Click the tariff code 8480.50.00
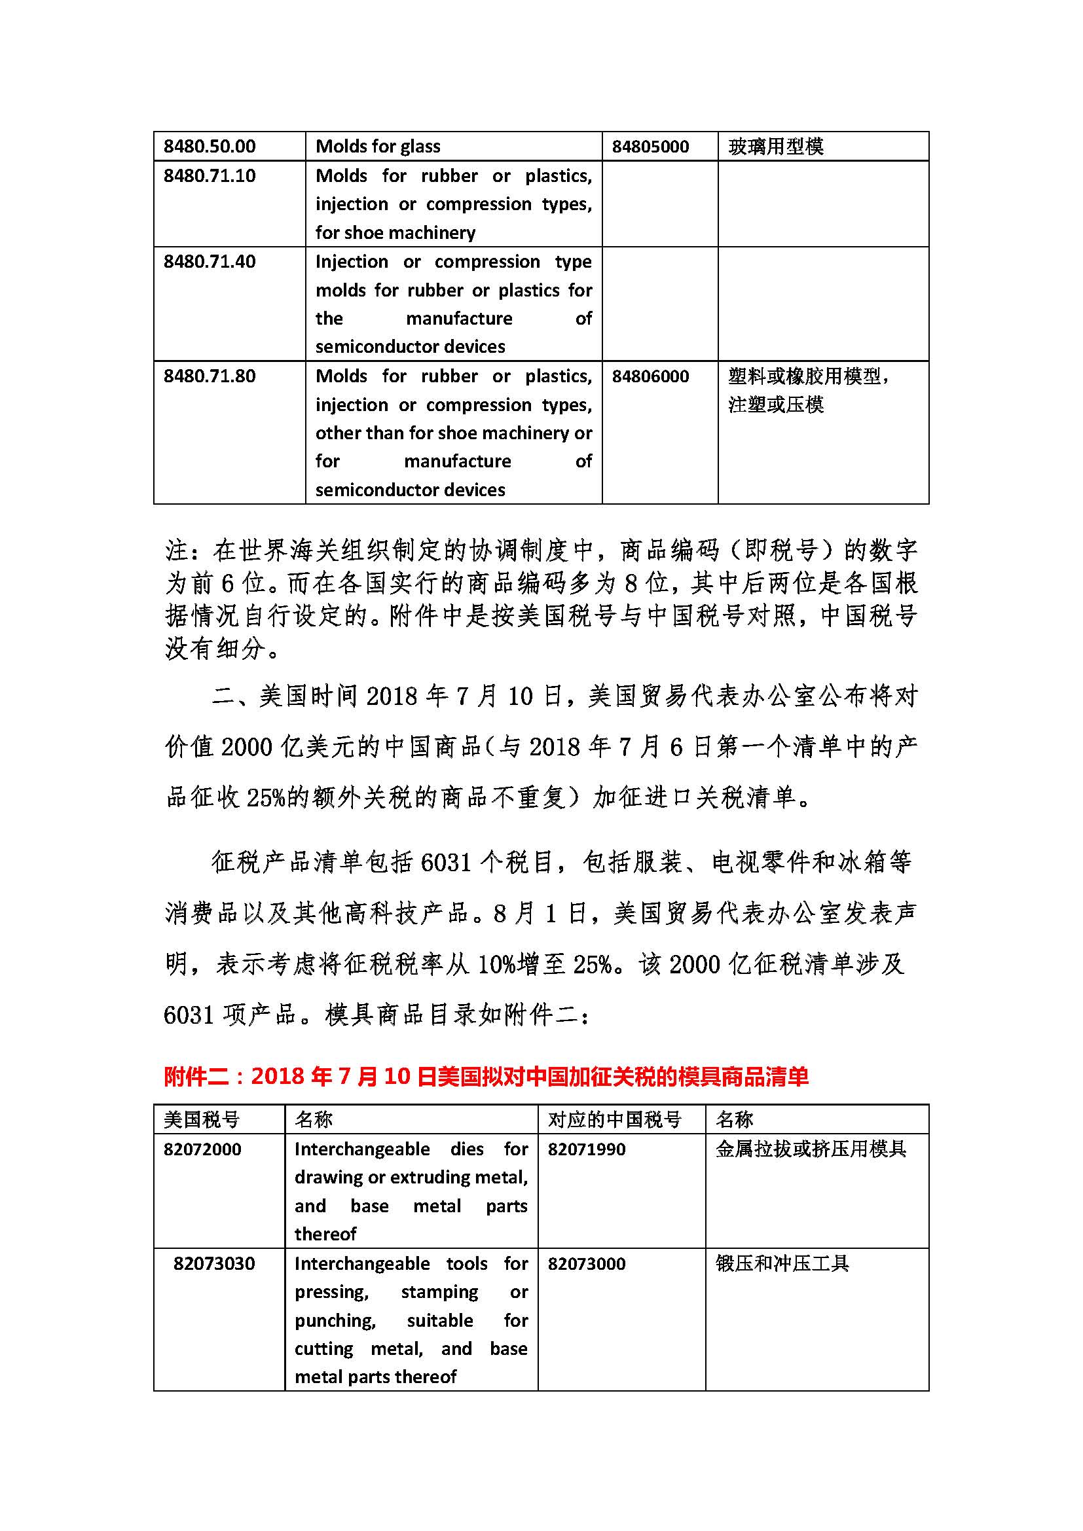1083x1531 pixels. pos(210,146)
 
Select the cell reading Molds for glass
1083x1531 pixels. pos(377,146)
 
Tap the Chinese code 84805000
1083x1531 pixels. pos(650,146)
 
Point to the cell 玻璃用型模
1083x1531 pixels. pos(775,146)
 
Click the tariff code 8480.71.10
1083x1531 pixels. pos(210,175)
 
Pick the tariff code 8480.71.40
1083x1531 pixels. pos(210,261)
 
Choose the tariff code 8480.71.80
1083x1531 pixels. pos(210,376)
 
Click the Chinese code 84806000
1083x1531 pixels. pos(650,376)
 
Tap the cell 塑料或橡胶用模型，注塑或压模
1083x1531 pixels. pos(807,390)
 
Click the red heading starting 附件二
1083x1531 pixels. pos(486,1075)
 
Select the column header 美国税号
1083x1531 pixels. pos(202,1119)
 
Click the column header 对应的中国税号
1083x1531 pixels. pos(614,1119)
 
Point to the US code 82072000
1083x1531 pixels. pos(202,1149)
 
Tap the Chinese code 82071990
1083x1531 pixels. pos(586,1149)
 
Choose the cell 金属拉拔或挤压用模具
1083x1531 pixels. pos(810,1149)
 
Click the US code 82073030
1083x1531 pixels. pos(213,1263)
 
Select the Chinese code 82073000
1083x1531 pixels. pos(586,1263)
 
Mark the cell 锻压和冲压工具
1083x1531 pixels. pos(782,1263)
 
